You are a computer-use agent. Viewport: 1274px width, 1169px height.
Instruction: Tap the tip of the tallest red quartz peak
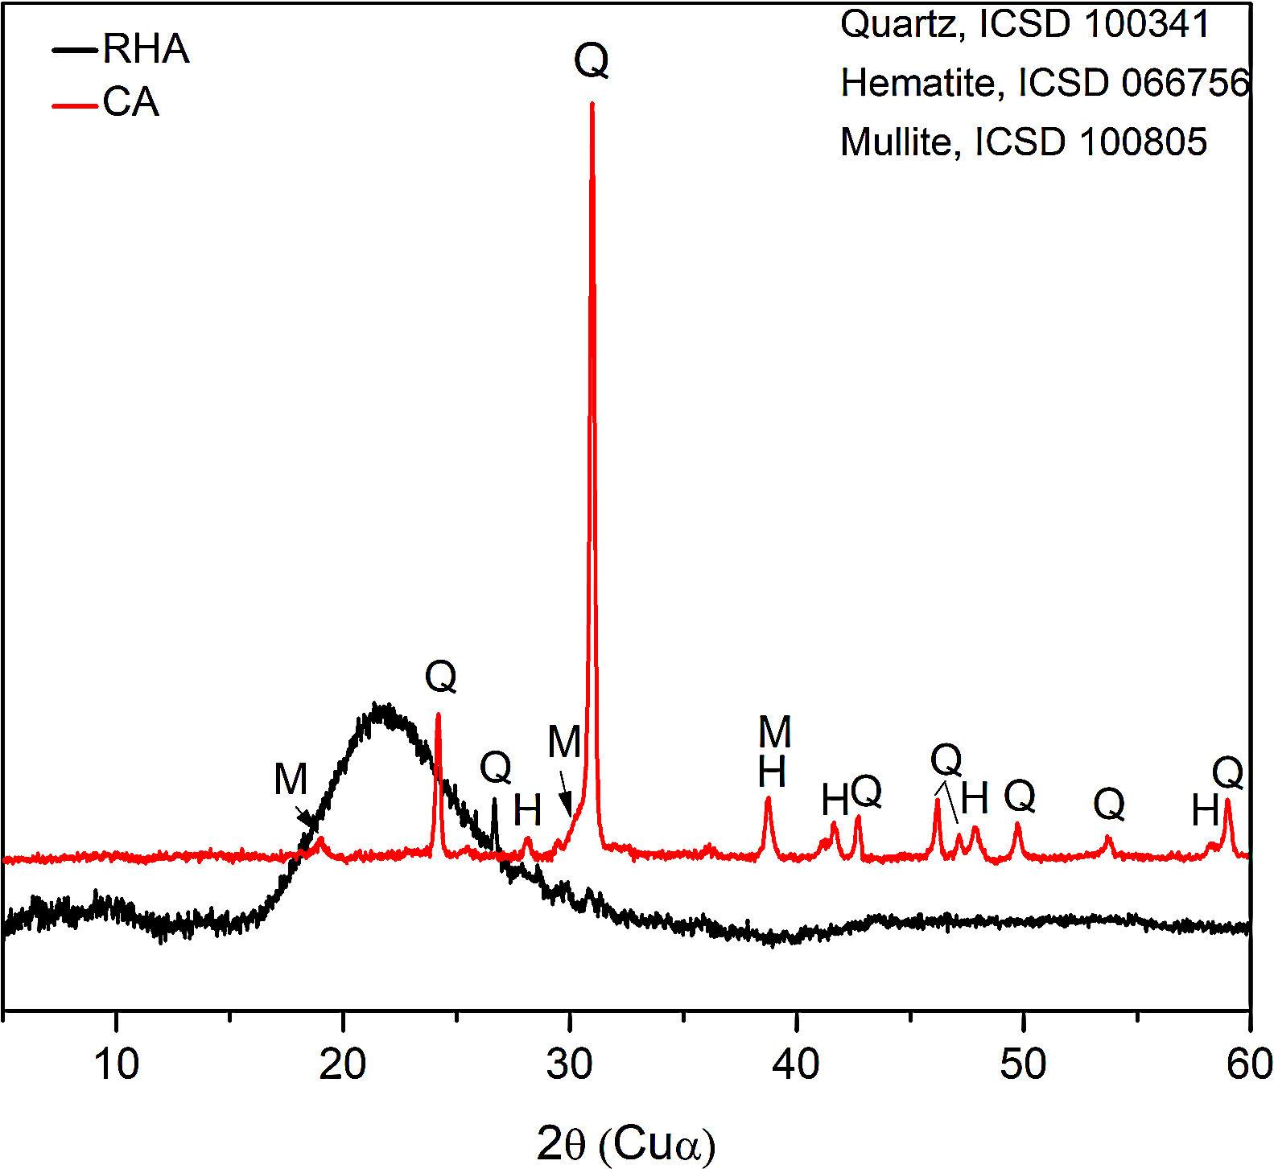(x=592, y=104)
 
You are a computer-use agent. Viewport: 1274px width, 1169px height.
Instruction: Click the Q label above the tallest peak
(x=592, y=61)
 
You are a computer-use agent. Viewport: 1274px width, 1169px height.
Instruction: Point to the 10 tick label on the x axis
(x=117, y=1064)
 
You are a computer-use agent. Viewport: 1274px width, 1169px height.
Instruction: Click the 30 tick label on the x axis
(x=570, y=1064)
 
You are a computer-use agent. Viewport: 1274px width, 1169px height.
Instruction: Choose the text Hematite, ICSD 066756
(x=1045, y=83)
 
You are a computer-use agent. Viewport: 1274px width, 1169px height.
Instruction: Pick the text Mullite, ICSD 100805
(x=1024, y=142)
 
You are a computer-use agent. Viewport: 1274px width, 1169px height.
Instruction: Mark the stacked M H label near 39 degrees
(x=774, y=751)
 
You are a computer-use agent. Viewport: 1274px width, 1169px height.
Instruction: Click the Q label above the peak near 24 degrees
(x=440, y=677)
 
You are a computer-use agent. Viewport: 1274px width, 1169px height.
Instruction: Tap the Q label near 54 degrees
(x=1109, y=803)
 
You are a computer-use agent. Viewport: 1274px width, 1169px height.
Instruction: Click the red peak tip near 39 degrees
(x=768, y=798)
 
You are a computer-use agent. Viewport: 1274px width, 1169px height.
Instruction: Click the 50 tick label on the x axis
(x=1023, y=1064)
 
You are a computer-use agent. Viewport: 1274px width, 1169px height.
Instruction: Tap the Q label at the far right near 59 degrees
(x=1228, y=774)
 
